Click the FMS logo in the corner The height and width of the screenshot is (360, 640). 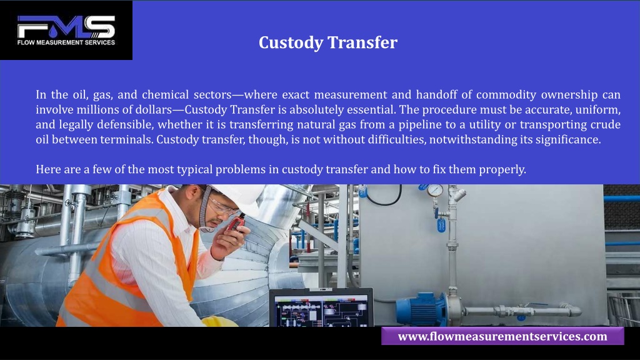point(66,30)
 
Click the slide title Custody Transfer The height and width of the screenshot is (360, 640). point(327,42)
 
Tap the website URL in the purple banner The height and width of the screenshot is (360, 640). point(502,336)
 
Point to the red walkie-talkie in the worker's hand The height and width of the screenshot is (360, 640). point(236,223)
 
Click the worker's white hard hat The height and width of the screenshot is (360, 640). point(241,197)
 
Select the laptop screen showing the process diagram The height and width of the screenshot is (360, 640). point(321,311)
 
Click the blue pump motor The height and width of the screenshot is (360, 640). point(421,309)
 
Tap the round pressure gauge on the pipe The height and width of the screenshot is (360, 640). point(435,190)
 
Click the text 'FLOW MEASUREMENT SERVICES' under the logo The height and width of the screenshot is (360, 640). point(66,42)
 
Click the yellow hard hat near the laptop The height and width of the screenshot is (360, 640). point(219,322)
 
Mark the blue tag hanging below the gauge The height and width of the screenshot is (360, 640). point(441,225)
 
